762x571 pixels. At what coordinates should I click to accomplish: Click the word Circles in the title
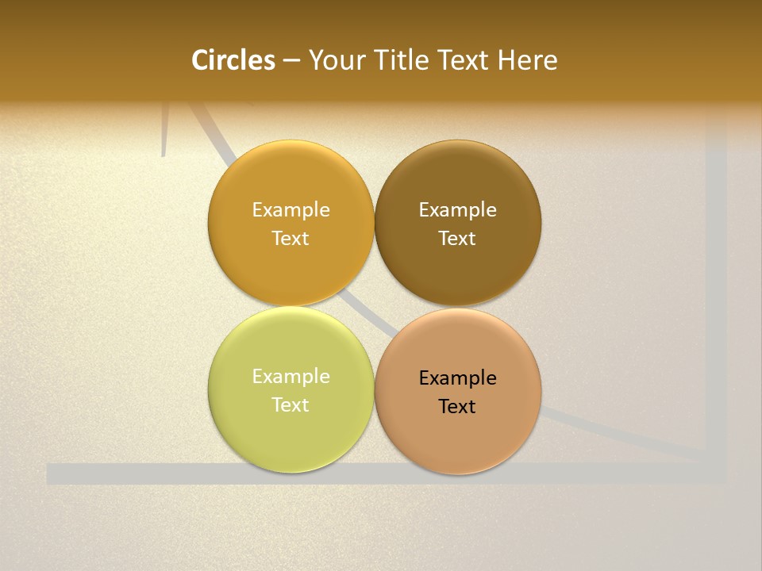pyautogui.click(x=233, y=60)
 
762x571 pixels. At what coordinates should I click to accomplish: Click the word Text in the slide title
pyautogui.click(x=465, y=60)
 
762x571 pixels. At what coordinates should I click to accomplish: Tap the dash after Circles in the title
pyautogui.click(x=291, y=61)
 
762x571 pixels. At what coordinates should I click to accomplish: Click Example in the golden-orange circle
pyautogui.click(x=291, y=210)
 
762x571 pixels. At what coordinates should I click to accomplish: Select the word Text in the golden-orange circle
pyautogui.click(x=291, y=239)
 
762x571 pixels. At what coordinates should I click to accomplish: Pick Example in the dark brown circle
pyautogui.click(x=457, y=210)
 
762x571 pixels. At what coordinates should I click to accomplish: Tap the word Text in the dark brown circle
pyautogui.click(x=457, y=239)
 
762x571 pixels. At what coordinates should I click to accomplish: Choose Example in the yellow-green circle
pyautogui.click(x=291, y=377)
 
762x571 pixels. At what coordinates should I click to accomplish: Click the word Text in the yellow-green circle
pyautogui.click(x=291, y=405)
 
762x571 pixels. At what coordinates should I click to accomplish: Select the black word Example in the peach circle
pyautogui.click(x=457, y=378)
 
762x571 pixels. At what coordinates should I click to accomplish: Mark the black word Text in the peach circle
pyautogui.click(x=457, y=407)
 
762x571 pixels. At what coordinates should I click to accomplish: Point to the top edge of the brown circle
pyautogui.click(x=458, y=141)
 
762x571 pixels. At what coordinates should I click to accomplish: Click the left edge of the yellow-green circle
pyautogui.click(x=210, y=389)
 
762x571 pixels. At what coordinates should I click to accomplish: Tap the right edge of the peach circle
pyautogui.click(x=541, y=391)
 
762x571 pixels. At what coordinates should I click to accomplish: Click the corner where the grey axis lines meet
pyautogui.click(x=716, y=474)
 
